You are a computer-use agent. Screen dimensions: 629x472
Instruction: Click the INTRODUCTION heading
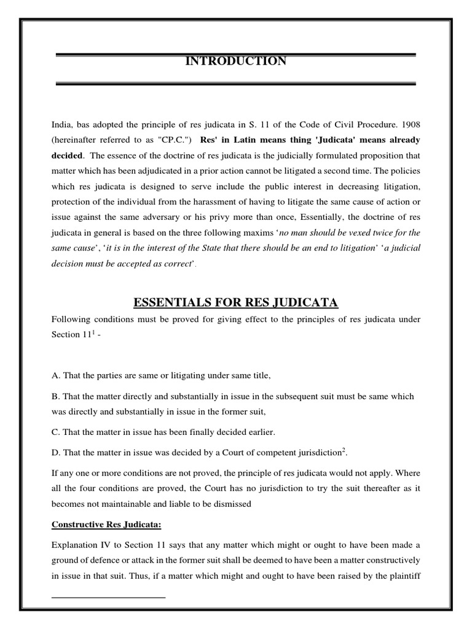236,61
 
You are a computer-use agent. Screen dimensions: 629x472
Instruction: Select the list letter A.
55,375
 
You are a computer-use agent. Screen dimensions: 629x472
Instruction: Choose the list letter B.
55,396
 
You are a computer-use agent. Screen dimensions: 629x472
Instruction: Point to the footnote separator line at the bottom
109,596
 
